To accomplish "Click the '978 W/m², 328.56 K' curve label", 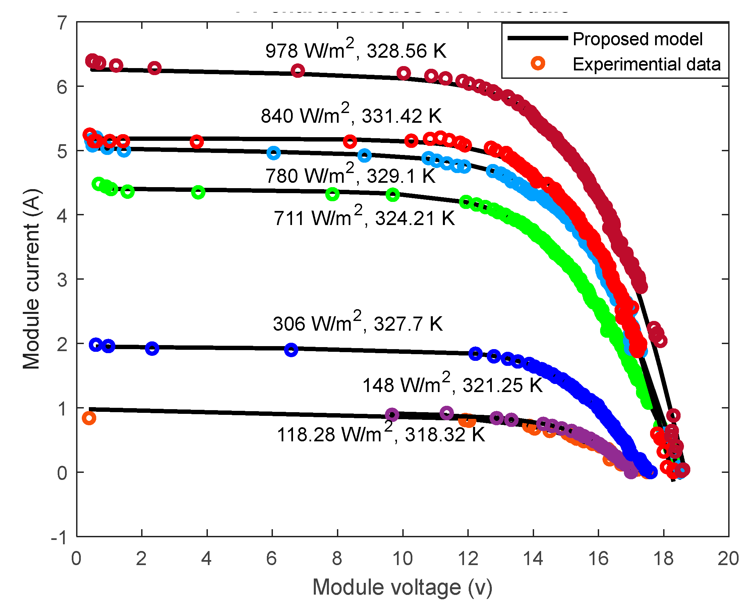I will point(356,51).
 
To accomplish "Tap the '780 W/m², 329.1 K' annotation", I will point(350,175).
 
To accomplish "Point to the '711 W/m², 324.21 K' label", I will point(364,218).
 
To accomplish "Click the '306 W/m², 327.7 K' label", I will point(358,323).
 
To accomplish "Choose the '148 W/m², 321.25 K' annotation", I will point(453,385).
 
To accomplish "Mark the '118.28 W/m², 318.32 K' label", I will point(381,435).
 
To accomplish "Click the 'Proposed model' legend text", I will point(638,39).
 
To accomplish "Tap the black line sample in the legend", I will point(537,38).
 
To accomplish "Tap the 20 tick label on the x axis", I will point(728,558).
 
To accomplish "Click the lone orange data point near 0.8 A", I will point(89,418).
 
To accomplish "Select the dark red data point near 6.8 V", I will point(298,71).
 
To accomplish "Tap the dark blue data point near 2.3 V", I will point(152,348).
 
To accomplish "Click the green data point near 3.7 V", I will point(198,192).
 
